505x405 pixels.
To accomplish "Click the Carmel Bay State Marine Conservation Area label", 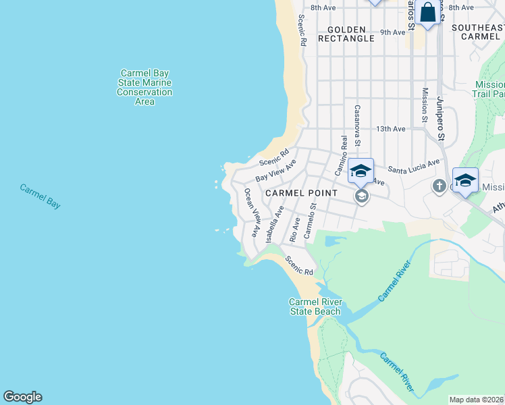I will coord(144,87).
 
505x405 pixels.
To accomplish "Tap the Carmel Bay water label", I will coord(40,195).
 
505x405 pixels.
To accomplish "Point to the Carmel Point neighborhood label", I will coord(300,193).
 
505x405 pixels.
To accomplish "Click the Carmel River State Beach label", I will coord(315,306).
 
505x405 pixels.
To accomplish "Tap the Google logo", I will coord(22,397).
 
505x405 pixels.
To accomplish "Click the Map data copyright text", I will coord(477,400).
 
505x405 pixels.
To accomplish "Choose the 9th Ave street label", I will coord(392,32).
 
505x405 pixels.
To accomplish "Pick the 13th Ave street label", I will coord(391,128).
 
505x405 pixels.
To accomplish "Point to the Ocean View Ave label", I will coord(251,213).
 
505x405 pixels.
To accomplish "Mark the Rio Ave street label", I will coord(294,230).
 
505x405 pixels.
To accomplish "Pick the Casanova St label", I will coord(358,126).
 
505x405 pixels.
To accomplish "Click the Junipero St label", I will coord(441,119).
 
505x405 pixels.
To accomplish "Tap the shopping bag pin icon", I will coord(427,12).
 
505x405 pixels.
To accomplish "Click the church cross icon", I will coord(439,186).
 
